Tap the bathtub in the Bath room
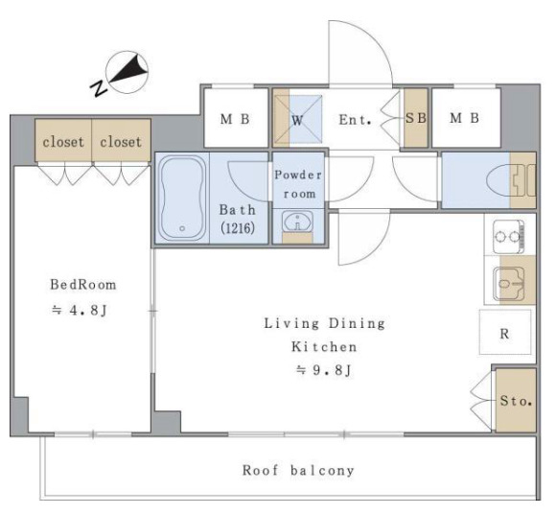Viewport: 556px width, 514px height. coord(182,199)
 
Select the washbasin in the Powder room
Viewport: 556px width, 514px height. coord(297,222)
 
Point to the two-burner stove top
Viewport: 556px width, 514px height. coord(509,237)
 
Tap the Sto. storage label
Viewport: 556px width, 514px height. coord(516,401)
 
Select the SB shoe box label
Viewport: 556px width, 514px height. coord(416,118)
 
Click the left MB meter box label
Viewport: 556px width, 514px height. coord(235,119)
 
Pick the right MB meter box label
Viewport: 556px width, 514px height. coord(465,118)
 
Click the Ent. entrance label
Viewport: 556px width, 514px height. coord(355,120)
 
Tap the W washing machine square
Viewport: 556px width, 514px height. coord(305,119)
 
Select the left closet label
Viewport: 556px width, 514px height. coord(63,142)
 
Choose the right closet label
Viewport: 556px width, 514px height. coord(121,142)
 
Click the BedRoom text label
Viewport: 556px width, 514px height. coord(83,285)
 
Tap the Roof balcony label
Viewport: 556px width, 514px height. coord(298,471)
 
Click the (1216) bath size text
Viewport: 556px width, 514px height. coord(238,227)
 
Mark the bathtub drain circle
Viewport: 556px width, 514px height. coord(182,229)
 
